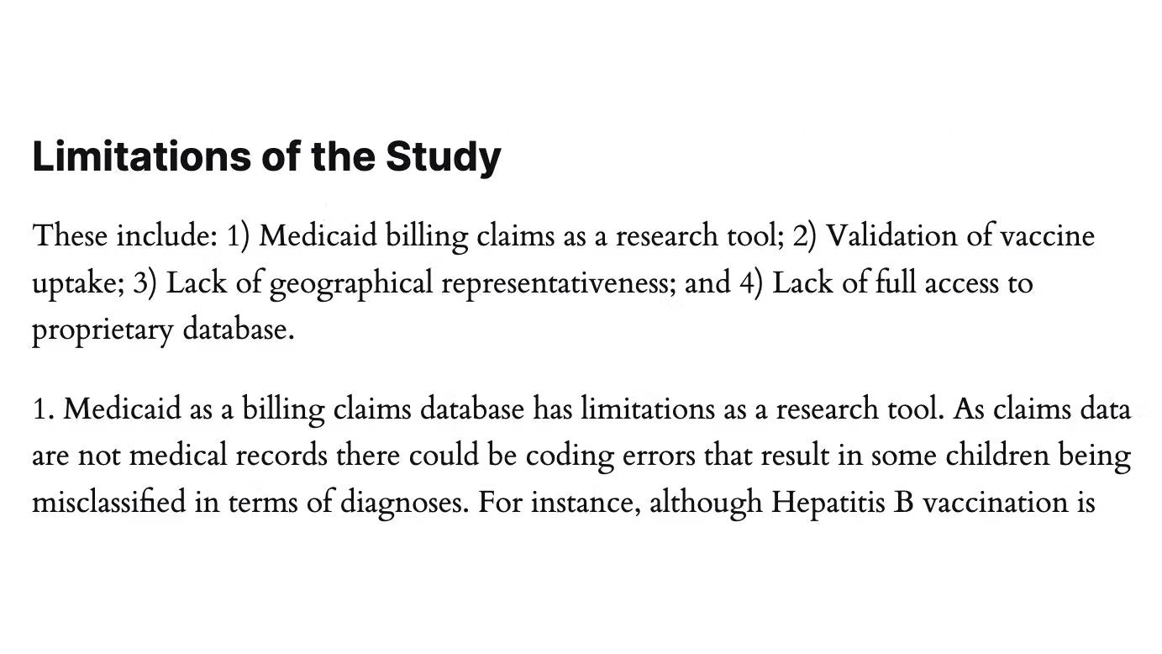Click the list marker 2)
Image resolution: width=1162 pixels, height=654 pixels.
pyautogui.click(x=805, y=236)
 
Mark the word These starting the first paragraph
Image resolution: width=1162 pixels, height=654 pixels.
pyautogui.click(x=70, y=236)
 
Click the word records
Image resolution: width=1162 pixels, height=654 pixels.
pyautogui.click(x=281, y=456)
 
